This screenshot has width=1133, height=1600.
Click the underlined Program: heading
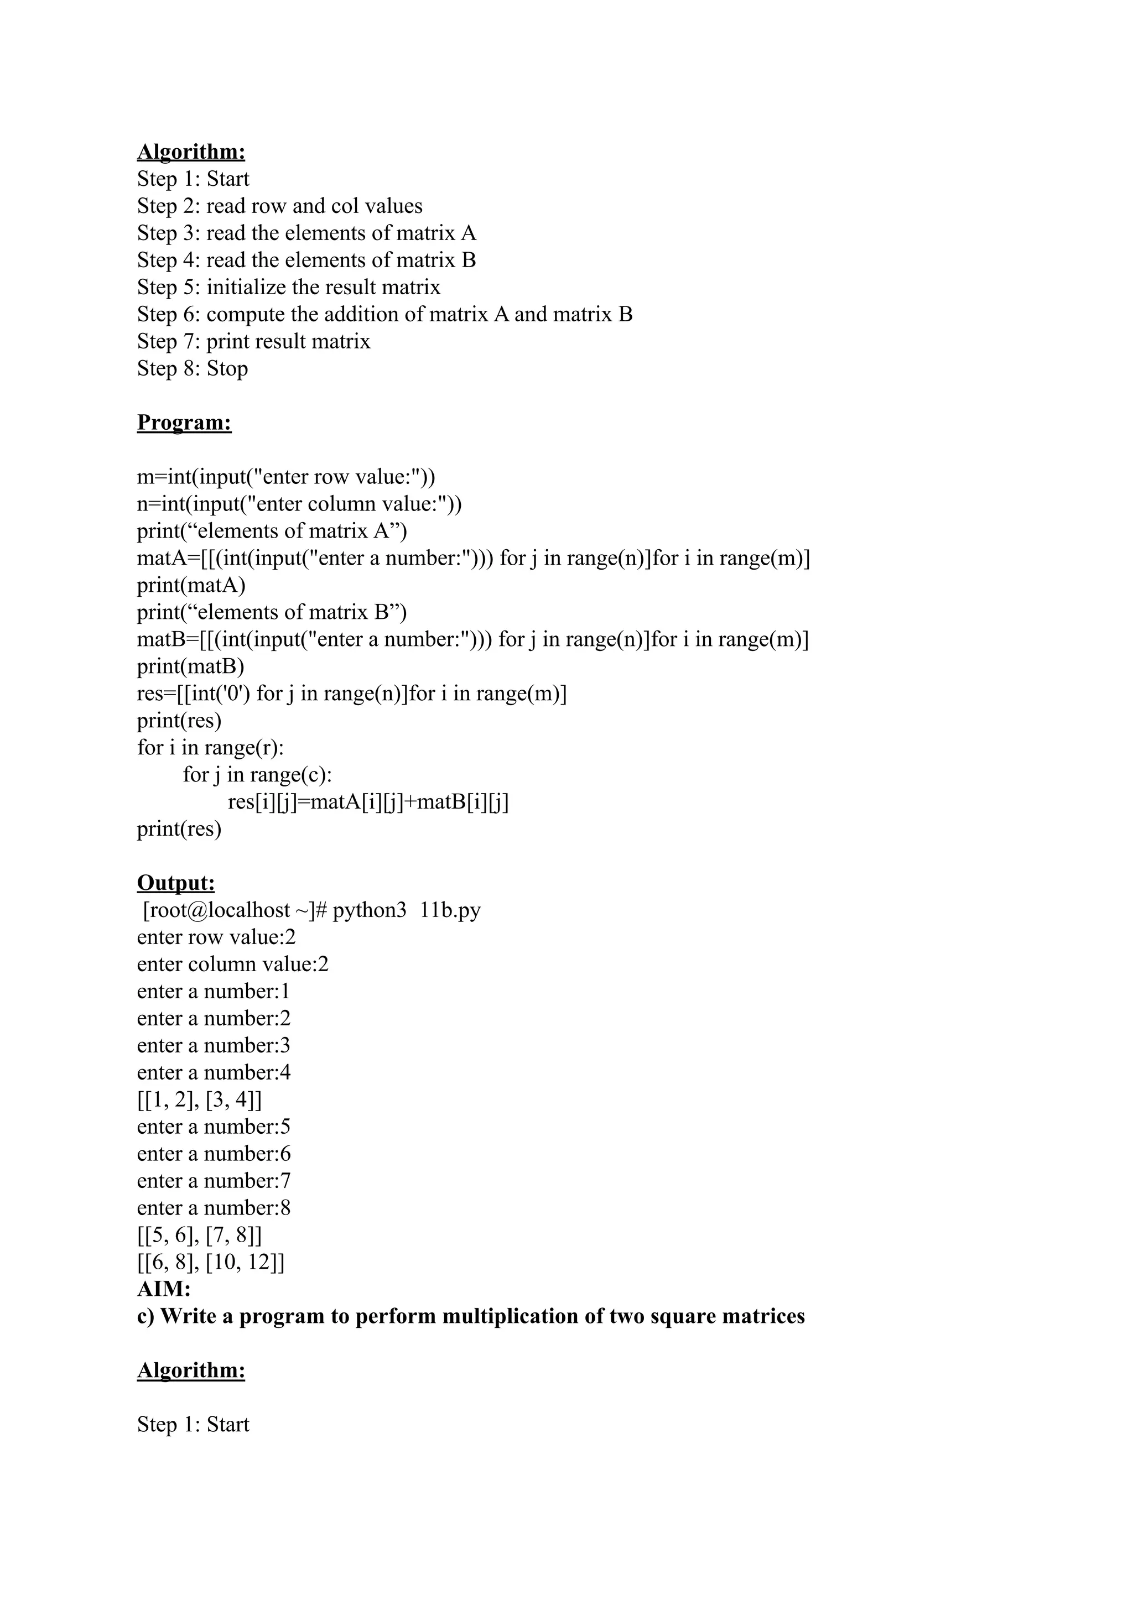point(184,423)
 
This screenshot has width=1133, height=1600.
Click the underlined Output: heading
point(176,883)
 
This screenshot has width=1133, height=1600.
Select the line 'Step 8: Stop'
point(193,368)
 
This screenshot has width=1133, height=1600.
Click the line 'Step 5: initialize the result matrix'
point(289,288)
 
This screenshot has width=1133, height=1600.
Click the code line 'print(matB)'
point(190,667)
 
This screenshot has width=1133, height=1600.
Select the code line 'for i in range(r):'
point(211,748)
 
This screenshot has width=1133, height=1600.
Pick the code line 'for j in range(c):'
point(257,775)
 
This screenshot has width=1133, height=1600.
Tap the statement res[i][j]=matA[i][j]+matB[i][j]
point(368,802)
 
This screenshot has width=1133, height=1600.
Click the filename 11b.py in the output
point(450,910)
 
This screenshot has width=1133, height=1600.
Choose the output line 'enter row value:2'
point(216,937)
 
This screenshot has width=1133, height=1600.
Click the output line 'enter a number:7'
point(214,1181)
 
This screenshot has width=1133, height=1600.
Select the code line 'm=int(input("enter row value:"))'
point(286,477)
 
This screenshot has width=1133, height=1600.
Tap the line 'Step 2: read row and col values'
point(280,206)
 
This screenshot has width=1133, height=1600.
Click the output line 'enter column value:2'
point(233,965)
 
